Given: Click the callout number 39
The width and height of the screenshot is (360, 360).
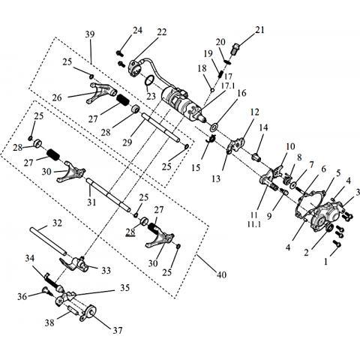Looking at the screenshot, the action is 90,34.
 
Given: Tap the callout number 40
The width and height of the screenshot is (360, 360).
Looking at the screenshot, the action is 221,274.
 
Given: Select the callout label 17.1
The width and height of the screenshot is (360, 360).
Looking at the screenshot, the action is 228,85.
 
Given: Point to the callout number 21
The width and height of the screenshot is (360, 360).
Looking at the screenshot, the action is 259,30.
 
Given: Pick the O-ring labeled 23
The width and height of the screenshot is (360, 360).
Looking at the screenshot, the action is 149,81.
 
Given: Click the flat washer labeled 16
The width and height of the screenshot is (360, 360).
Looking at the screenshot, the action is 214,127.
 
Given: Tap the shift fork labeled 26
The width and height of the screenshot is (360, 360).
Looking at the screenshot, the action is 100,93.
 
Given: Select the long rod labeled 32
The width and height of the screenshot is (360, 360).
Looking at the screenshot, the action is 48,241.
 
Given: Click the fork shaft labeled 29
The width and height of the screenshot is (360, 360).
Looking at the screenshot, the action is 160,127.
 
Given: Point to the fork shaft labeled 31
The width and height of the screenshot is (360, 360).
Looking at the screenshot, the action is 108,195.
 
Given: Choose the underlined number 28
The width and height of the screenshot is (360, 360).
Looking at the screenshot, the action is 130,232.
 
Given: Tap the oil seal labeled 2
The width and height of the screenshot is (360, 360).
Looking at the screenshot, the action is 329,228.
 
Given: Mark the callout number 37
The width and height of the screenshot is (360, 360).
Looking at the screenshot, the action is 118,331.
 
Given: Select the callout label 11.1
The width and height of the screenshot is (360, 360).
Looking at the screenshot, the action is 254,224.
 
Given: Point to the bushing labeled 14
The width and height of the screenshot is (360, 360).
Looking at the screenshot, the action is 256,157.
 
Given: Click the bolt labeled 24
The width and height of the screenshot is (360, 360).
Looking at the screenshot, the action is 119,53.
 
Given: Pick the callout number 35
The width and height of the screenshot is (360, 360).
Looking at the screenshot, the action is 124,288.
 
